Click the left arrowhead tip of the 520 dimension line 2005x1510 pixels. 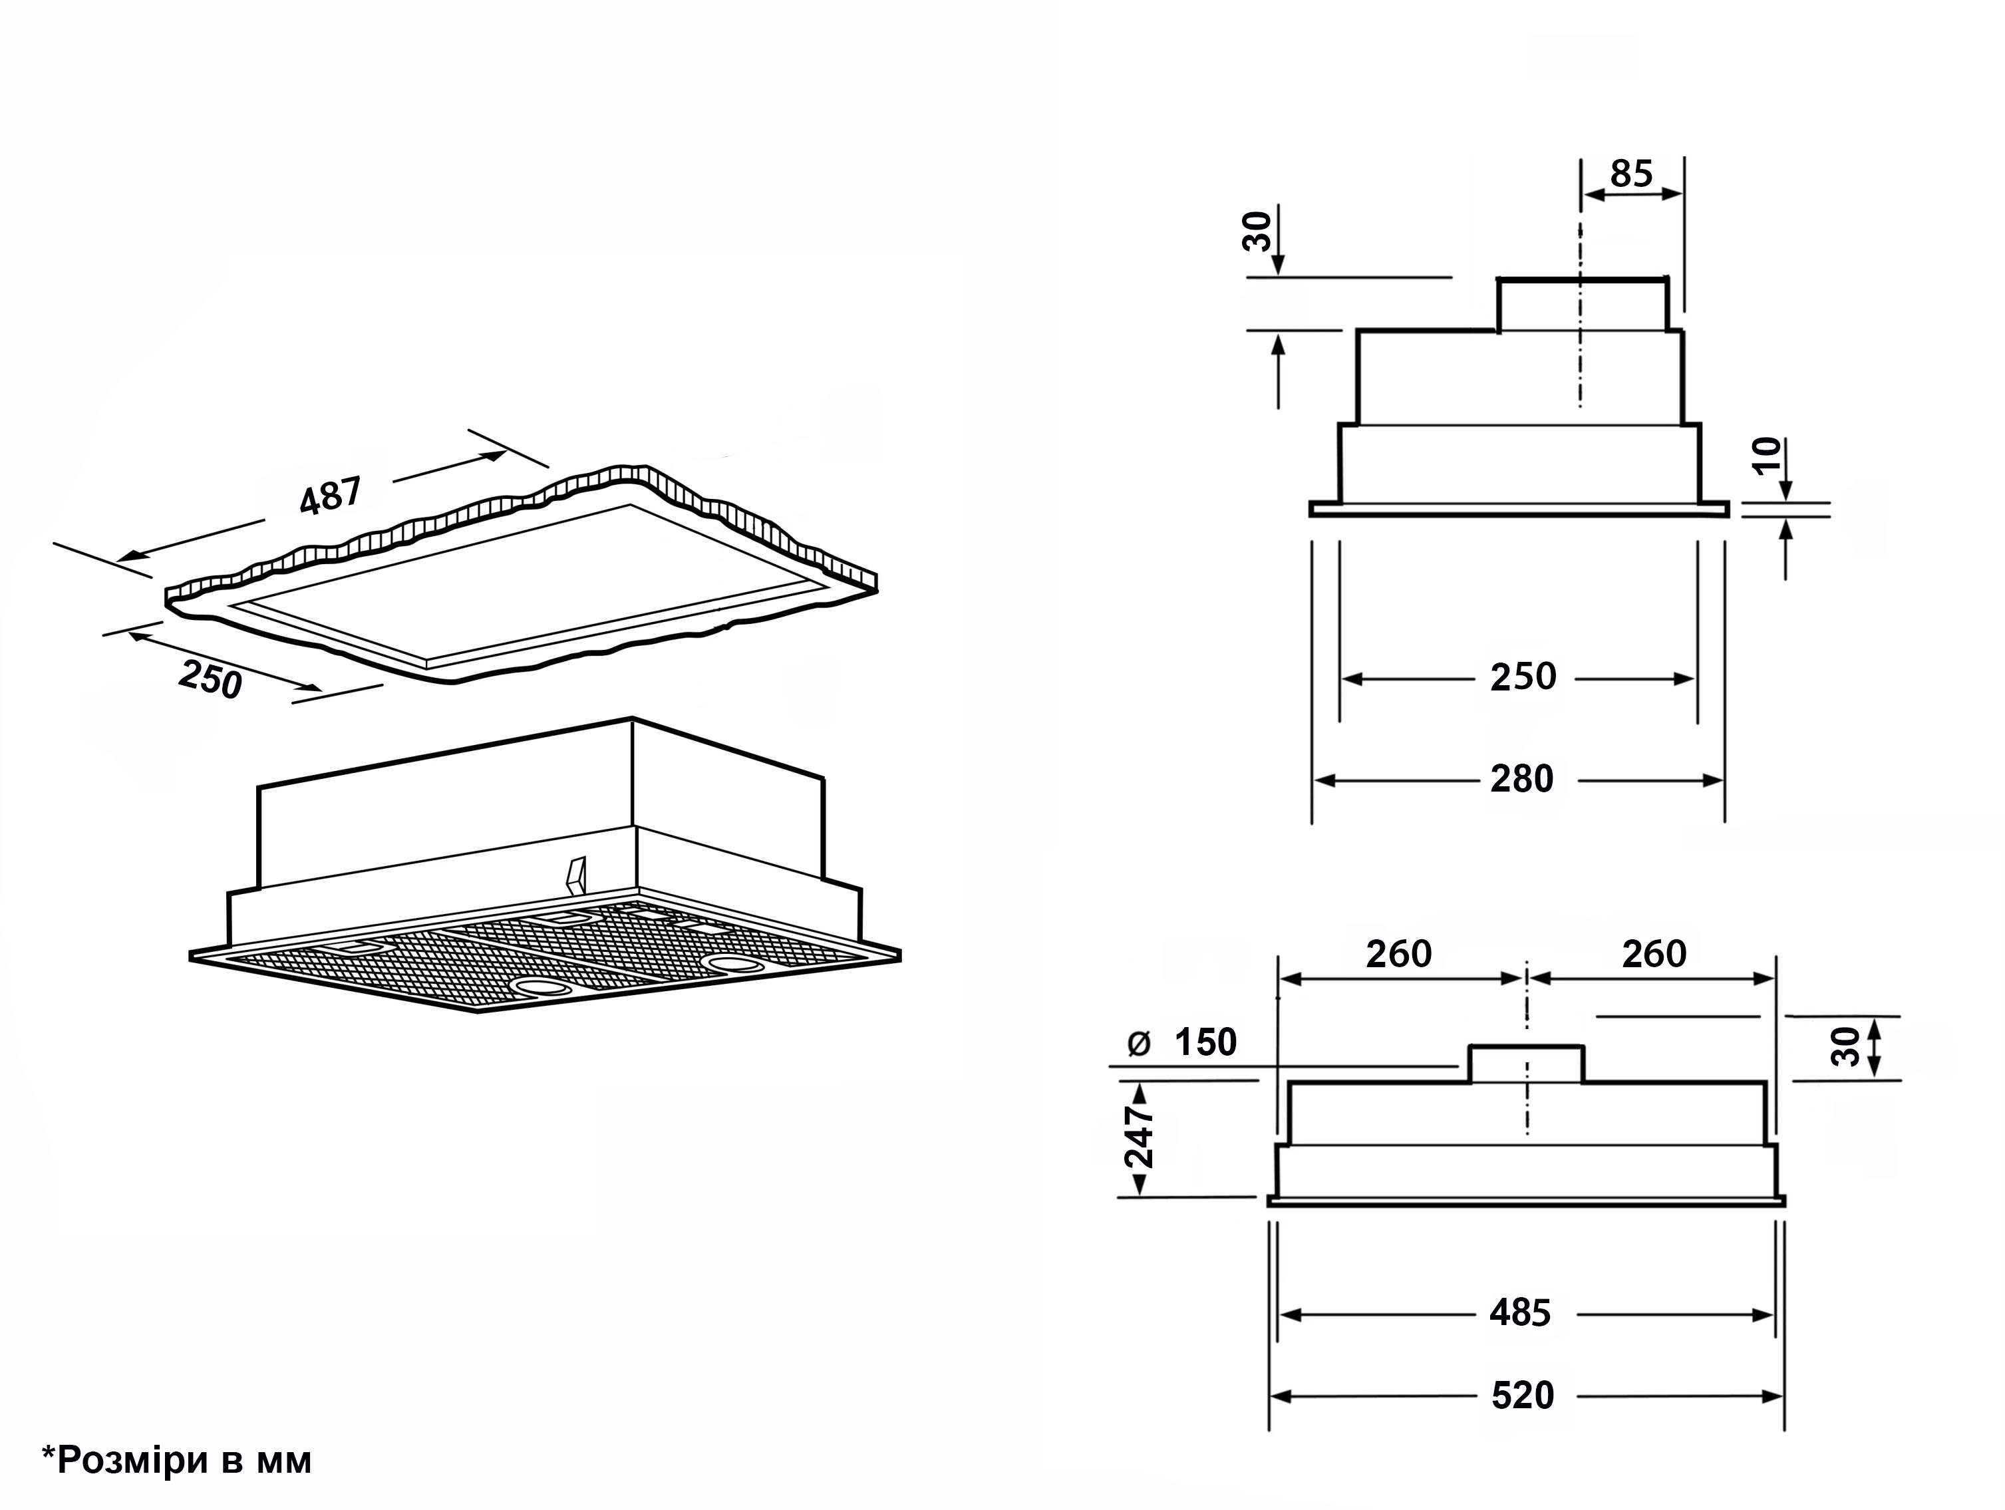tap(1271, 1396)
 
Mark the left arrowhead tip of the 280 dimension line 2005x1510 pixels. tap(1314, 780)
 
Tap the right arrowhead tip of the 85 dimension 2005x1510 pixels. tap(1683, 194)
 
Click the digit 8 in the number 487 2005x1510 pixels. tap(330, 498)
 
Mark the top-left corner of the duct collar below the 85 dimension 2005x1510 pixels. tap(1498, 280)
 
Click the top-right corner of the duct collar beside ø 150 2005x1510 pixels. tap(1583, 1048)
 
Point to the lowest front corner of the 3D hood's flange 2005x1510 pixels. tap(478, 1012)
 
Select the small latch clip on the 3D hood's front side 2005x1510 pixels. tap(575, 873)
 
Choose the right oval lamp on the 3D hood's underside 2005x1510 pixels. tap(734, 962)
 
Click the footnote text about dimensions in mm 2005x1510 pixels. tap(177, 1460)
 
